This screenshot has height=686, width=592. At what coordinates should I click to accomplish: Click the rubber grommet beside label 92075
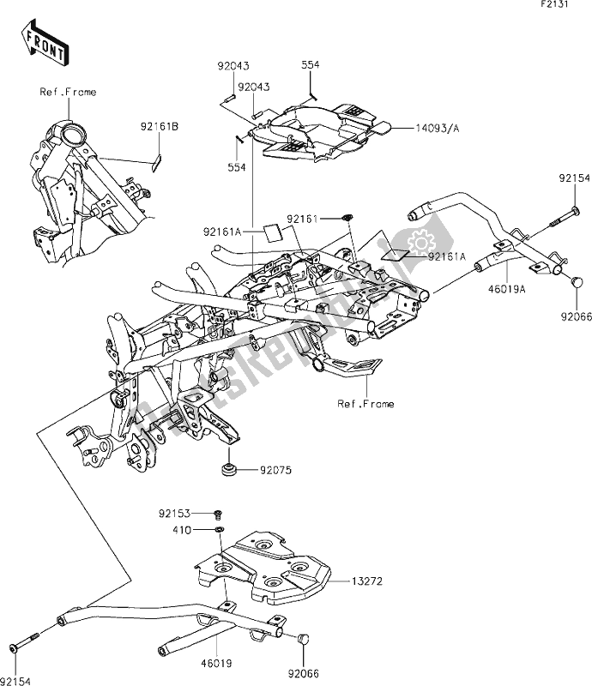click(229, 469)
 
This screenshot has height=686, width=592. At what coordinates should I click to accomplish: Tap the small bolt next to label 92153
click(218, 514)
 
